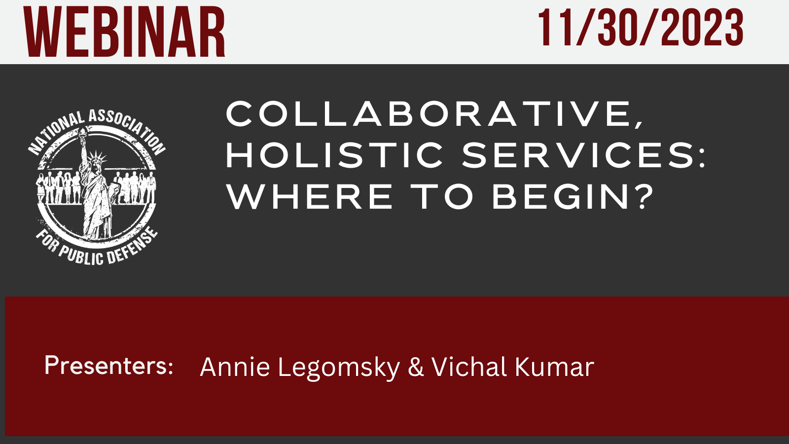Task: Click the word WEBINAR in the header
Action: [124, 32]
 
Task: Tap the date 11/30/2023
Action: [641, 28]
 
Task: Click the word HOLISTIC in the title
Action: [334, 155]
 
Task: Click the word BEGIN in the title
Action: [560, 197]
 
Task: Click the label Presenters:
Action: [109, 366]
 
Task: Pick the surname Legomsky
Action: [339, 369]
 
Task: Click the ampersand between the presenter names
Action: [416, 367]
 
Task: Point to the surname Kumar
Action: [554, 367]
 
